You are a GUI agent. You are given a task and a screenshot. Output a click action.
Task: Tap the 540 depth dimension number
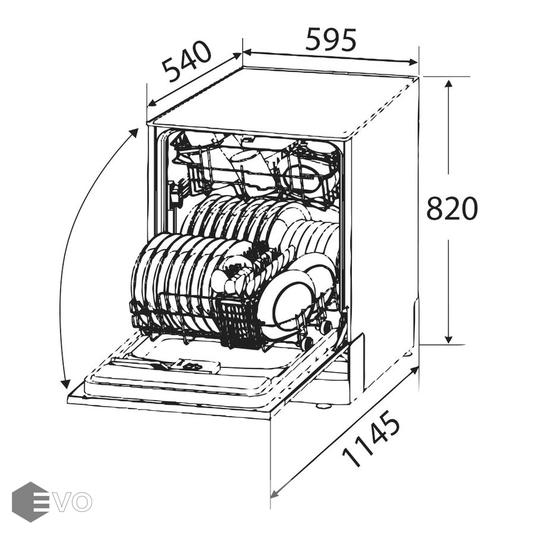187,62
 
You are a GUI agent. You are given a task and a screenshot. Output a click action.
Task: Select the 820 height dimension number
452,208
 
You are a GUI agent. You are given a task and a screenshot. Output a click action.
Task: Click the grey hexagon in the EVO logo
30,502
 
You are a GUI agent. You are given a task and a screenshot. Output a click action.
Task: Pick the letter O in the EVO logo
82,502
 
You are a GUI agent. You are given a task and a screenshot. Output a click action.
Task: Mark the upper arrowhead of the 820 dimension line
449,84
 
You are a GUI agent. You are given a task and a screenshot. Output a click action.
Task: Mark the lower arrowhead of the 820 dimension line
449,339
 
